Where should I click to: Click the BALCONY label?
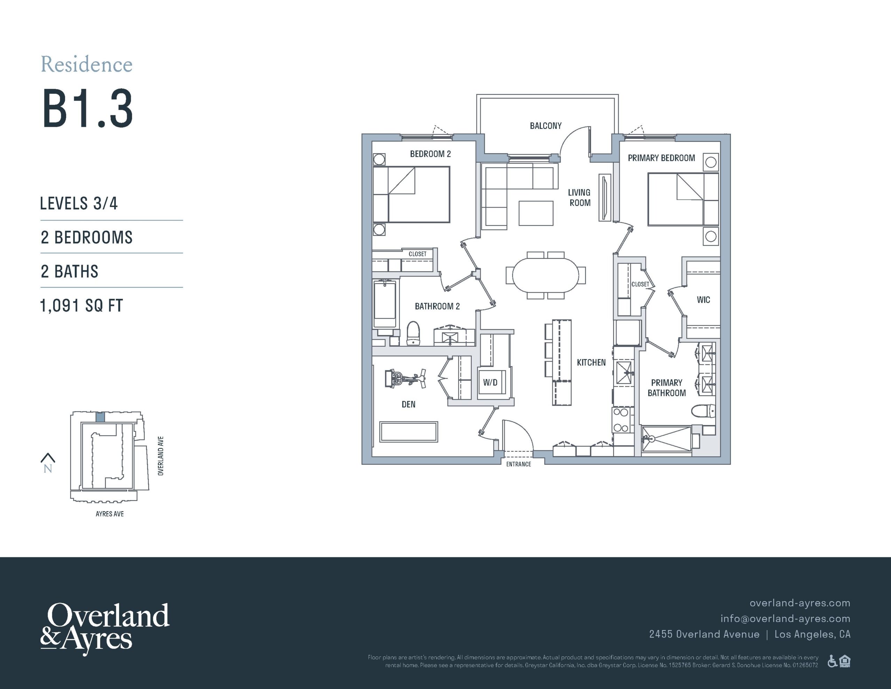pos(545,126)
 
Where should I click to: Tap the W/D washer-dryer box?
pos(491,382)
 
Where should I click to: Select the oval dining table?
pos(545,275)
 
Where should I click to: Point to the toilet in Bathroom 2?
pos(413,333)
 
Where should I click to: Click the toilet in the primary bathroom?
pos(703,411)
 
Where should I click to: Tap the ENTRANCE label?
pos(519,464)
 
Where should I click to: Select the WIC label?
pos(703,300)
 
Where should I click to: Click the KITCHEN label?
pos(591,362)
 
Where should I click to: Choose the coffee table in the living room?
pos(536,213)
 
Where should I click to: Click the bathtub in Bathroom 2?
pos(385,303)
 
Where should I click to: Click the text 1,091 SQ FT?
pos(81,305)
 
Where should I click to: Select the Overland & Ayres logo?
pos(104,628)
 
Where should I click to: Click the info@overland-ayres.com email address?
pos(785,618)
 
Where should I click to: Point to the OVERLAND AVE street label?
pos(161,456)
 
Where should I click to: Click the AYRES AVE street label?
pos(110,514)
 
